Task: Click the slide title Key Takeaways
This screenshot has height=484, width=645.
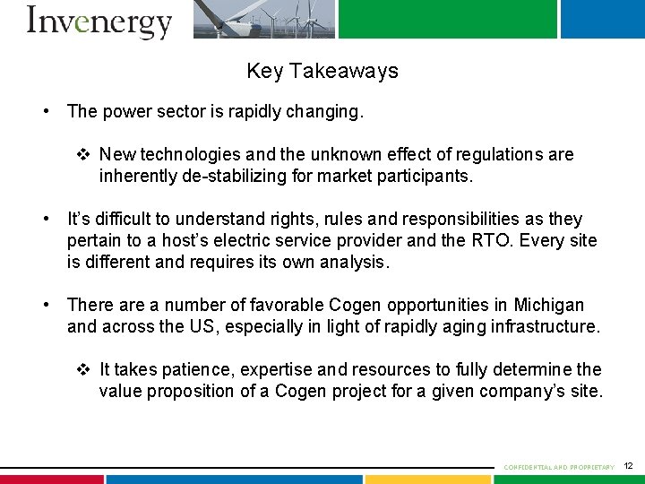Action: click(x=322, y=71)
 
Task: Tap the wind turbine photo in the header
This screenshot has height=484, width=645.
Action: click(x=264, y=18)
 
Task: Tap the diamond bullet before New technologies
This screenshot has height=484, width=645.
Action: click(x=83, y=155)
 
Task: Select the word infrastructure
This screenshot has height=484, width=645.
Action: click(x=545, y=326)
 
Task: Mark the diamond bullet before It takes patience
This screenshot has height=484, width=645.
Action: click(x=83, y=369)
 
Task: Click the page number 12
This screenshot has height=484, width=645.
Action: click(x=628, y=466)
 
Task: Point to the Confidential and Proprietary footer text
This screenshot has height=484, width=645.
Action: click(x=559, y=467)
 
